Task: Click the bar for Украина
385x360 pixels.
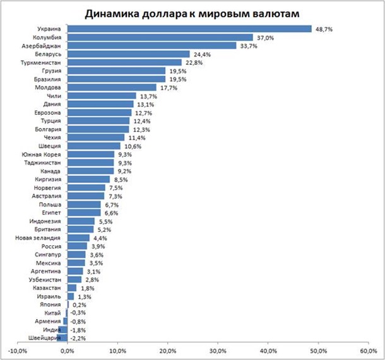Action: [189, 29]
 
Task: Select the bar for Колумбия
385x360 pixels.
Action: [160, 37]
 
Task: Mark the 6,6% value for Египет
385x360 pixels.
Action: [111, 212]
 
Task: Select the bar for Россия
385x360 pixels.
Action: [77, 246]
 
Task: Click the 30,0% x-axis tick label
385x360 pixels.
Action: [217, 351]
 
